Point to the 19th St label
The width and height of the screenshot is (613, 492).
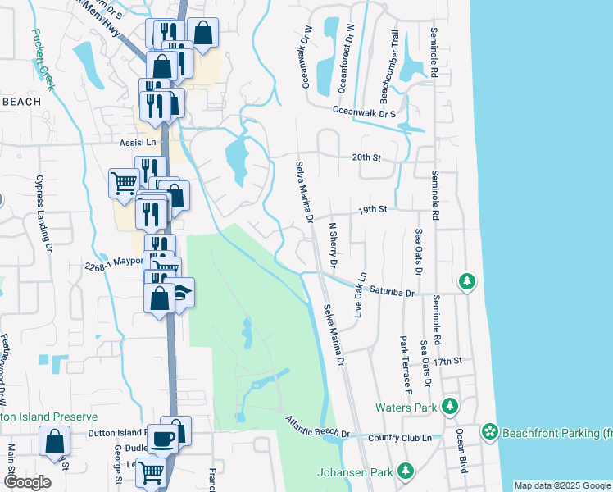tap(371, 210)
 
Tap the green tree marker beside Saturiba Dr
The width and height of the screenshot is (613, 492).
tap(467, 282)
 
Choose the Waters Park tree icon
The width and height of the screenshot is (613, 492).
tap(449, 406)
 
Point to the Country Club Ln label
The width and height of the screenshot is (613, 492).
tap(402, 439)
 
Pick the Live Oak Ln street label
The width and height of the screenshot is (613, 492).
tap(358, 295)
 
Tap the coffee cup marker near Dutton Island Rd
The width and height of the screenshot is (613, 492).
tap(161, 438)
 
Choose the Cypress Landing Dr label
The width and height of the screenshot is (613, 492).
tap(43, 212)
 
